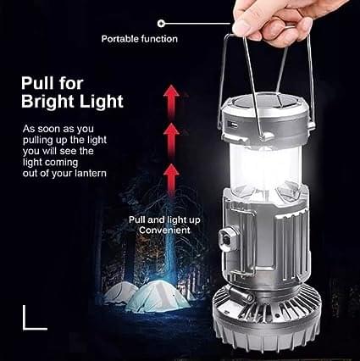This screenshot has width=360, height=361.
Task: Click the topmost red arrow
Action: [x=171, y=101]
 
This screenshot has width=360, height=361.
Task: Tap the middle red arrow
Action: [x=171, y=141]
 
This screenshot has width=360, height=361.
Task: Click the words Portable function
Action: [x=140, y=39]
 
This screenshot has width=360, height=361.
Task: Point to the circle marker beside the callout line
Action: [x=161, y=23]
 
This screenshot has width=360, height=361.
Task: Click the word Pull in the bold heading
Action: [x=38, y=83]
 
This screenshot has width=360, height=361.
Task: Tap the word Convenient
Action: [x=164, y=230]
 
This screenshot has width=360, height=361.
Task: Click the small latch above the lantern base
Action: [x=240, y=295]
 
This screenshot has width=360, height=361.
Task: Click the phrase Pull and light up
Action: [x=164, y=219]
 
